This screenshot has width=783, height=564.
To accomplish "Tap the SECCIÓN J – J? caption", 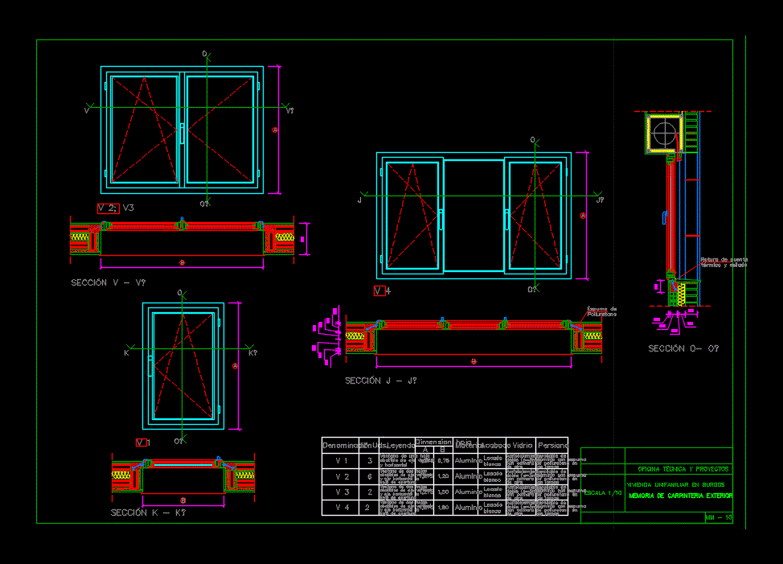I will coord(381,381).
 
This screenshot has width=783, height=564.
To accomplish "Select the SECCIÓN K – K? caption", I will coord(148,513).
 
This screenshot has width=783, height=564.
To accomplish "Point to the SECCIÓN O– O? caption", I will coord(683,348).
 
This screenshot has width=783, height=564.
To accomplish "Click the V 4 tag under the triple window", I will coord(383,290).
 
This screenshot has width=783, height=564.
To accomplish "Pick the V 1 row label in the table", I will coord(342,460).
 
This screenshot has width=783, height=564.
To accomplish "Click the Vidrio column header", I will coord(523,445).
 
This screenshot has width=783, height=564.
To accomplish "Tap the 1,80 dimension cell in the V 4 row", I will coord(442,508).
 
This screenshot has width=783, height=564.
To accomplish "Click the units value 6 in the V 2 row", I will coord(369,476).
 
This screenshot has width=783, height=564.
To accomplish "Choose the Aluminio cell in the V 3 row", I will coord(467,492).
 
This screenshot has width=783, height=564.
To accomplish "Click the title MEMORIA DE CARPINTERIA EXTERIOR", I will coord(680,496).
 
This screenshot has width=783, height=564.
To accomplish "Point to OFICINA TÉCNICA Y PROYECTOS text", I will coord(683,468).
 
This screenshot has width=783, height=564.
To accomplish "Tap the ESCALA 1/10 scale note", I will coord(602,492).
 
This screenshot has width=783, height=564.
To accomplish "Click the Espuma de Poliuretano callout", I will coord(601,311).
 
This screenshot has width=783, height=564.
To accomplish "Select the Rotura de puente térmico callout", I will coord(724,262).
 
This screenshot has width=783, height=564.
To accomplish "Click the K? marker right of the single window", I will coord(252,353).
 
